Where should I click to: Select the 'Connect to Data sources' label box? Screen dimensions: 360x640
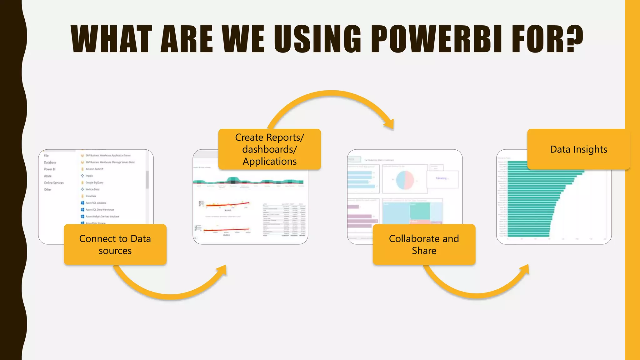point(115,244)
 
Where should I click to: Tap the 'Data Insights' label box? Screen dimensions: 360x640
point(578,149)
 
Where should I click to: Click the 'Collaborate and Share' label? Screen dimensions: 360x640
point(424,244)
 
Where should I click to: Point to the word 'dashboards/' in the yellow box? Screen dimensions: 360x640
point(269,149)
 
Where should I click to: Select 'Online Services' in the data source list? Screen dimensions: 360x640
point(54,183)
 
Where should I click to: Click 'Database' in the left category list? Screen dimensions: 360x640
point(50,162)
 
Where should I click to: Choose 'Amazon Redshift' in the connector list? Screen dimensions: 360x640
point(94,169)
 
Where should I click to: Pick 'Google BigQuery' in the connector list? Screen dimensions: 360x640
point(94,182)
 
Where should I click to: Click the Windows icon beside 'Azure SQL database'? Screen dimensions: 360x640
point(82,203)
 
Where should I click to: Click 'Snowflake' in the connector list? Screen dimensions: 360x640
point(91,196)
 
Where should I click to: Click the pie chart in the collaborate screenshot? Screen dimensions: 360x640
point(405,180)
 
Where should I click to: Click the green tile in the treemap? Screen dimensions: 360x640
point(420,211)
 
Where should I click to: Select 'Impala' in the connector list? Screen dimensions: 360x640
point(89,176)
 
